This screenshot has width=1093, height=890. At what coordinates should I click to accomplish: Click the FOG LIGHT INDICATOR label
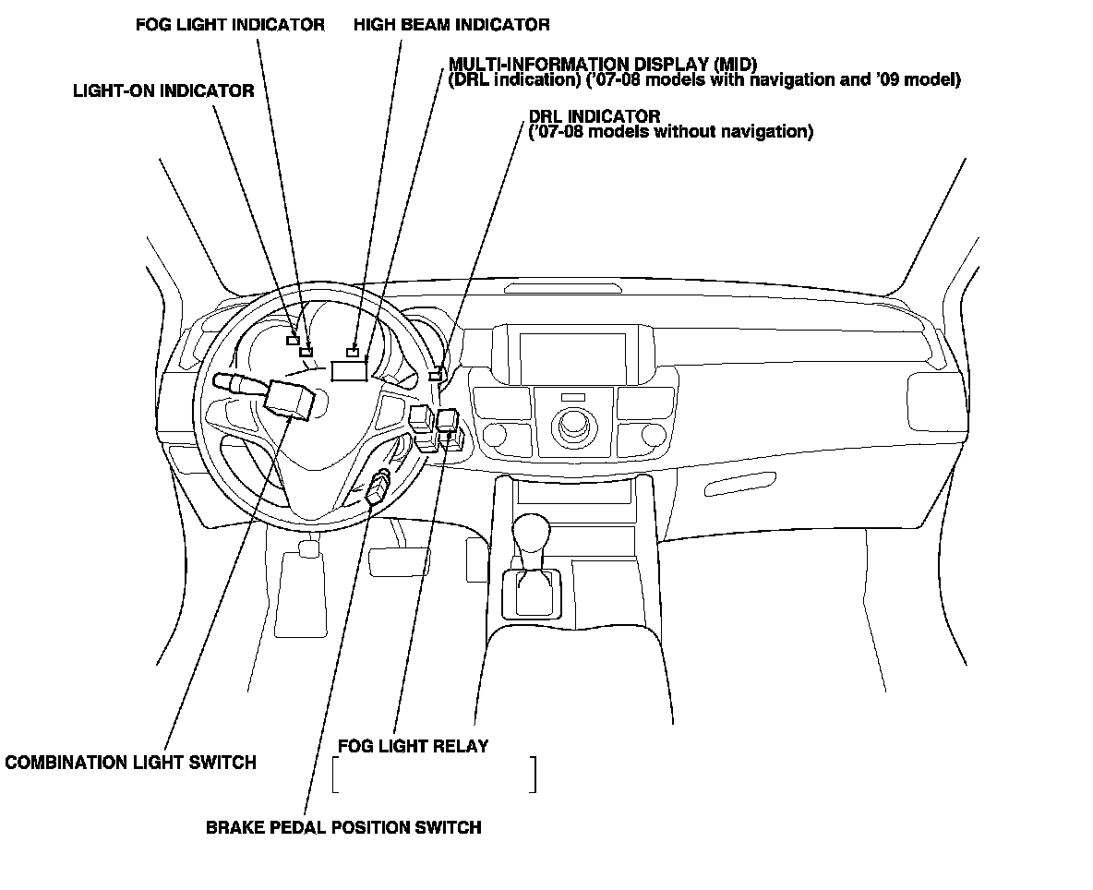coord(230,25)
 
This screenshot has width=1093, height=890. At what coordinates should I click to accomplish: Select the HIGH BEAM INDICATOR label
coord(451,25)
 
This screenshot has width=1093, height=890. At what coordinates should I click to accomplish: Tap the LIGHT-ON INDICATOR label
coord(163,90)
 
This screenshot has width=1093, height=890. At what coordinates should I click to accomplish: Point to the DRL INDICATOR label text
coord(594,116)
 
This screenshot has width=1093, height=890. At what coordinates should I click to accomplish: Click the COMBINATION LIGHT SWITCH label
coord(130,763)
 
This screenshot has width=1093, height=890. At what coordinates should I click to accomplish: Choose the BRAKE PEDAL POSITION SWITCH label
coord(343,827)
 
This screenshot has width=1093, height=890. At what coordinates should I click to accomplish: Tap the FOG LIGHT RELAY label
coord(413,745)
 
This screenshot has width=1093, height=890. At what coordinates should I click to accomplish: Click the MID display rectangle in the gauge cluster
coord(349,371)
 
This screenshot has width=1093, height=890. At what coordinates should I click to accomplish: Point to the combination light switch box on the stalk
coord(289,398)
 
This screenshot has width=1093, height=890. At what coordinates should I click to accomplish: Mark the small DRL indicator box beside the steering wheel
coord(435,375)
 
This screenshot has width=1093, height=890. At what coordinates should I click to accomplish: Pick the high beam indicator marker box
coord(352,352)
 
